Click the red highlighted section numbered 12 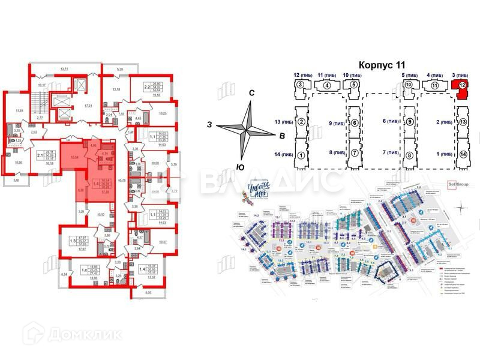coord(461,86)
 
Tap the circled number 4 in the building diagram coord(326,86)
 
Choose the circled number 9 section coord(409,122)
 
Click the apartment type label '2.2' coord(146,87)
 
